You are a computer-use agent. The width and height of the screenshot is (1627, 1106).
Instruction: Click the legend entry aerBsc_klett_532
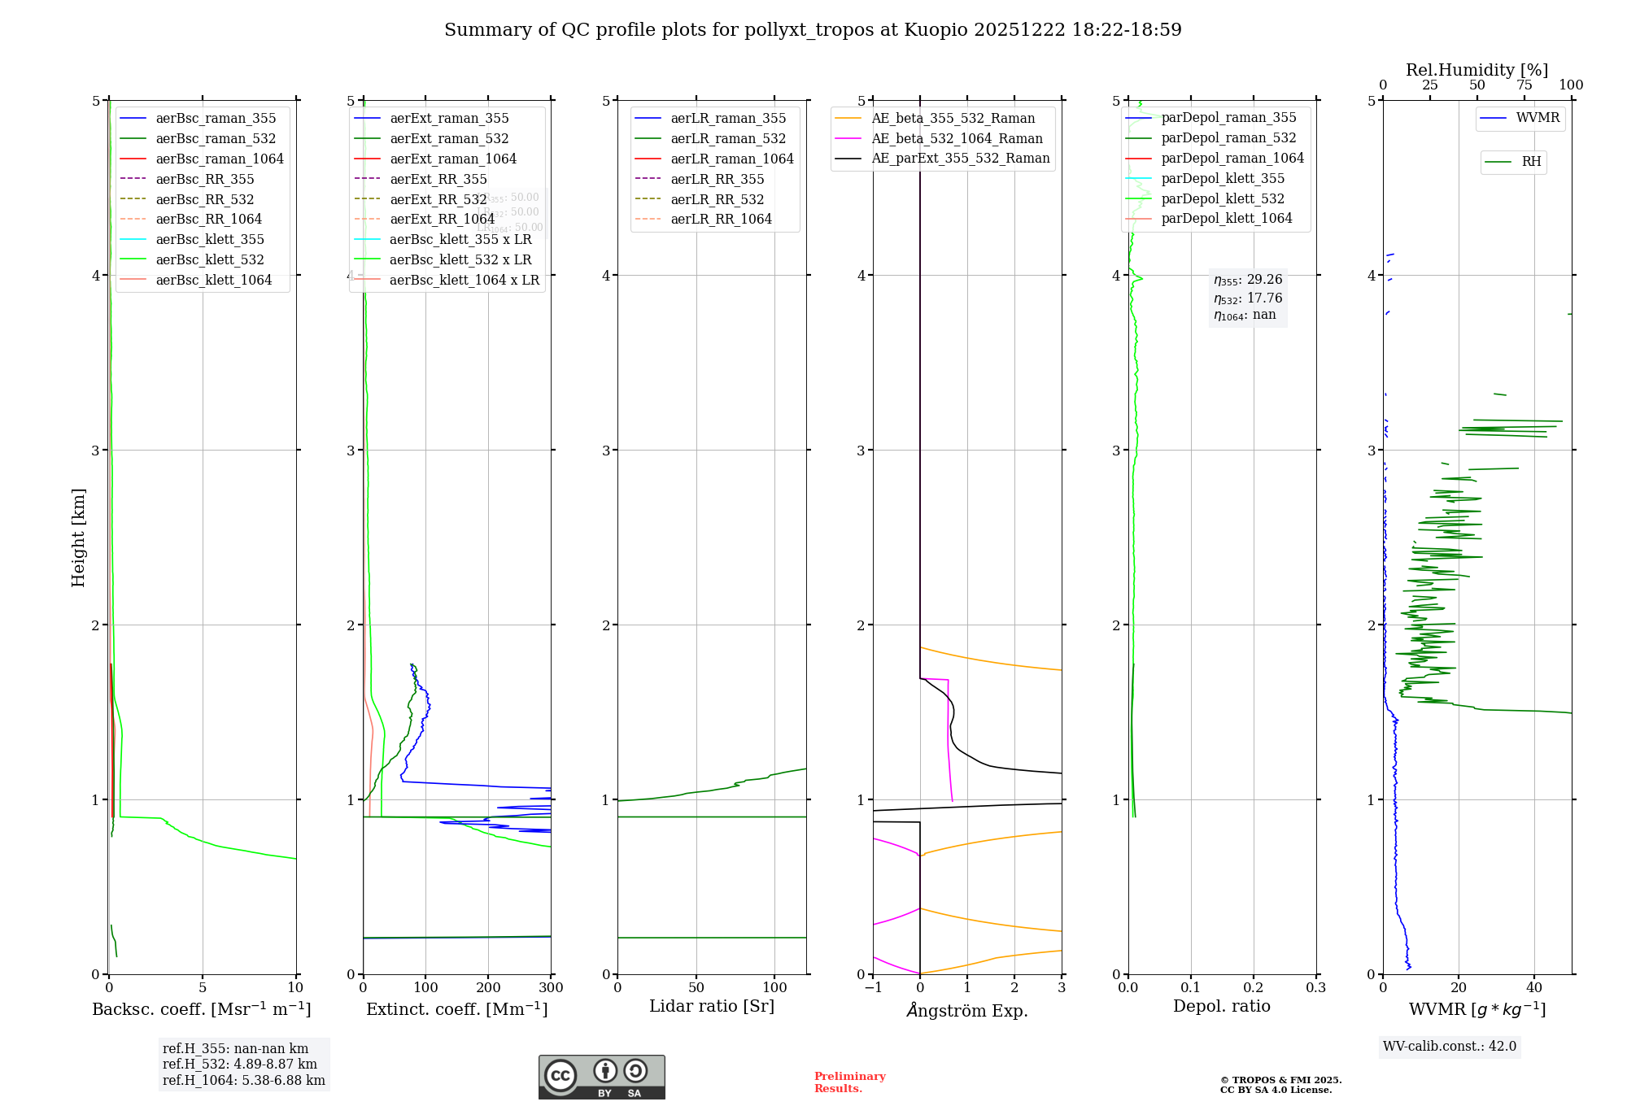coord(210,260)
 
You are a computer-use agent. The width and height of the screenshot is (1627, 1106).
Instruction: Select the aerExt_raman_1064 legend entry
coord(453,159)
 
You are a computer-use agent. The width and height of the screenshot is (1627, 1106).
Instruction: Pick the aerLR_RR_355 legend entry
coord(718,180)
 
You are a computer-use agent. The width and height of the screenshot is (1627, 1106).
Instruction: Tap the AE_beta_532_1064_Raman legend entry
coord(957,139)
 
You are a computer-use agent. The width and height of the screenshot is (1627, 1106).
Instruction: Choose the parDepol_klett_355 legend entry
coord(1223,179)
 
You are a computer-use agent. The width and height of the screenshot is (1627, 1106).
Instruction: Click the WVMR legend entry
coord(1538,118)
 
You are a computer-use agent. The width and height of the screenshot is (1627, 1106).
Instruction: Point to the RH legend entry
coord(1531,162)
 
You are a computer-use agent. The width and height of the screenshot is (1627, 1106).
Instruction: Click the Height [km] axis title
coord(78,538)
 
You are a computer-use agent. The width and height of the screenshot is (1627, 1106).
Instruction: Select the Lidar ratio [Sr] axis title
coord(712,1007)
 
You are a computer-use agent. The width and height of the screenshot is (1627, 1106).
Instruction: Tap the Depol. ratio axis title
coord(1221,1007)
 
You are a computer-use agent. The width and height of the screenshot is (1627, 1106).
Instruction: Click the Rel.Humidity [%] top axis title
coord(1477,70)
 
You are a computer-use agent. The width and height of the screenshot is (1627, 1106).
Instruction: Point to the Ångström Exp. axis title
coord(967,1011)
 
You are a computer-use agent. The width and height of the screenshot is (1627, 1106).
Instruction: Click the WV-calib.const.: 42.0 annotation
coord(1450,1047)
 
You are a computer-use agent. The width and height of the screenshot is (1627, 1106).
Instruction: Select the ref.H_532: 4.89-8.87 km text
coord(240,1065)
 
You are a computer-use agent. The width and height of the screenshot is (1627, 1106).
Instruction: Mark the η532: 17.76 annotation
coord(1248,298)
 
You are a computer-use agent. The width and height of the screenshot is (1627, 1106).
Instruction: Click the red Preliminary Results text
coord(849,1082)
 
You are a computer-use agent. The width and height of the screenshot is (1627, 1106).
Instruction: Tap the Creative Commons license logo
coord(601,1078)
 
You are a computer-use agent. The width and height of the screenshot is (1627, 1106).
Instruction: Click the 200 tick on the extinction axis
coord(488,988)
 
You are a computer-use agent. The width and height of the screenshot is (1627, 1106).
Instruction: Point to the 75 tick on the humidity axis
coord(1524,85)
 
